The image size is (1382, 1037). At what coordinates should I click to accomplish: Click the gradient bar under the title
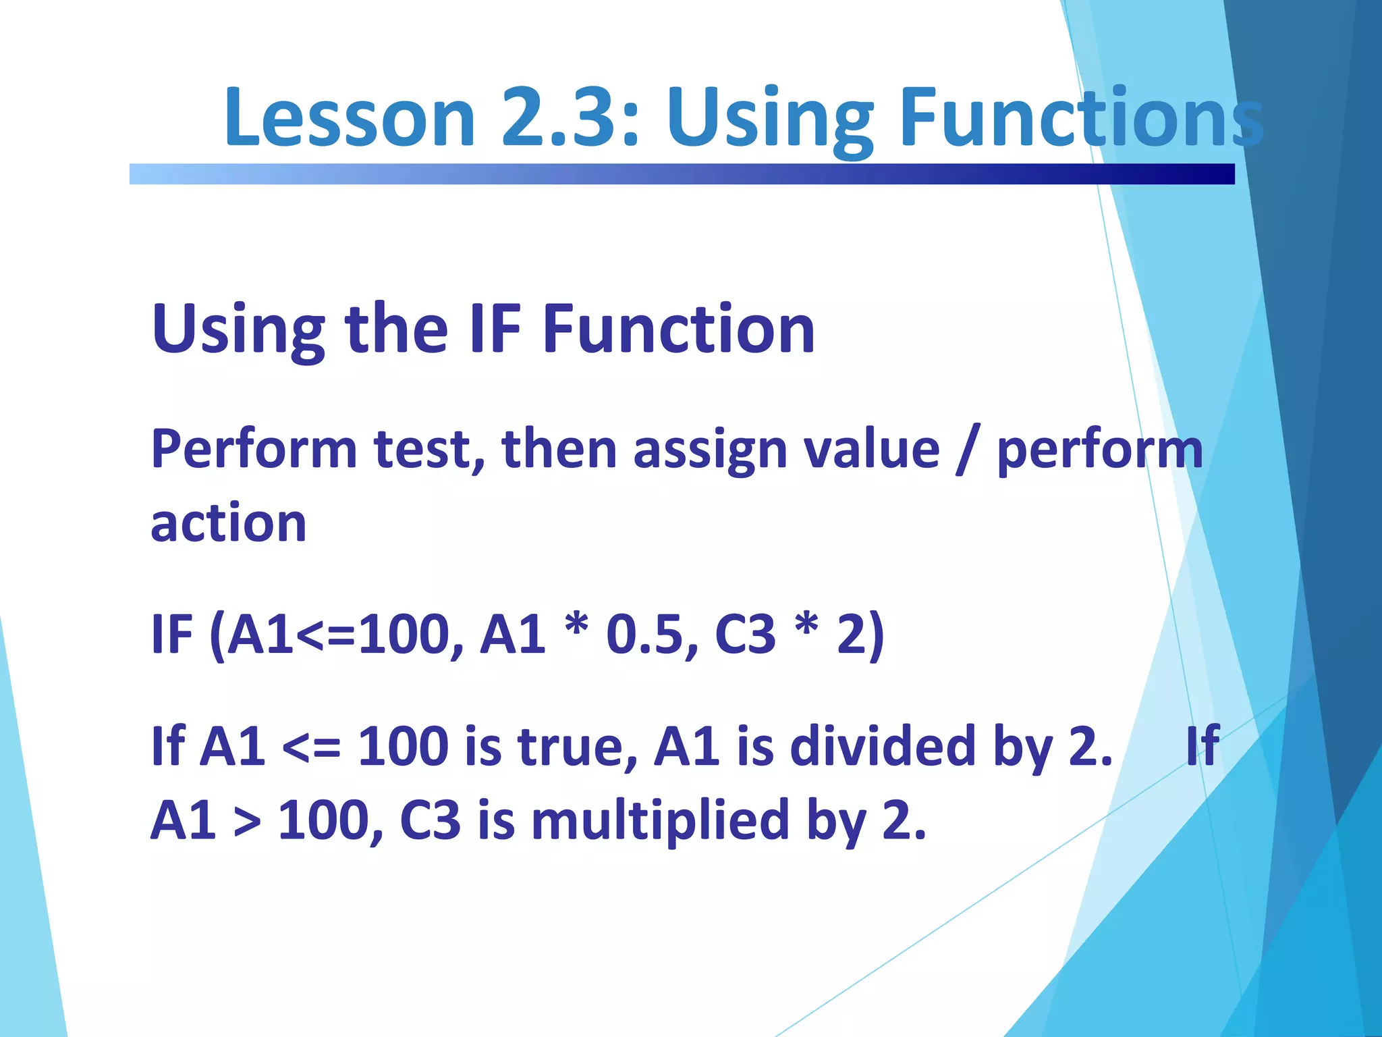[682, 174]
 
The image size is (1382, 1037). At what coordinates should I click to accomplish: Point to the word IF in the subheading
[495, 329]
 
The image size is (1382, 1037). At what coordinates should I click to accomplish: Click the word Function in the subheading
[678, 329]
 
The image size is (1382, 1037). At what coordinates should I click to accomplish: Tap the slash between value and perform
[967, 450]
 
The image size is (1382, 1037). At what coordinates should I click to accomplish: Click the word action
[228, 523]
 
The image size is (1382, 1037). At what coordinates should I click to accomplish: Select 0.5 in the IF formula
[644, 635]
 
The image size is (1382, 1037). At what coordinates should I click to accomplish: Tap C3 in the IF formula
[745, 635]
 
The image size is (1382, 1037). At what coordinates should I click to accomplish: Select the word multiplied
[660, 820]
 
